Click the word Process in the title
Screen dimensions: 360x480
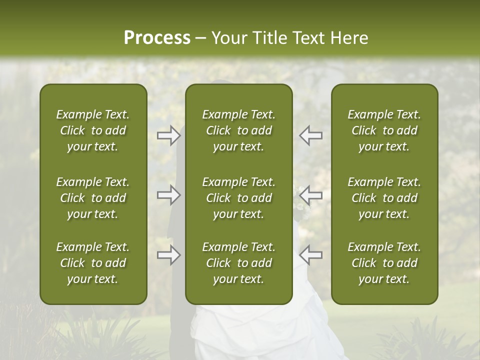coord(157,38)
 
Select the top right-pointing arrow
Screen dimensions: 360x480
coord(169,135)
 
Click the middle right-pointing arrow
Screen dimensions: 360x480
coord(169,195)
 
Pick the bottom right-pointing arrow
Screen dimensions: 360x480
coord(169,255)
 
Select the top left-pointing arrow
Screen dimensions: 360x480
coord(310,135)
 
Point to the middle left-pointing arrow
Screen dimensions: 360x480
coord(310,195)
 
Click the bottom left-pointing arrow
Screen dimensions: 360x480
coord(310,255)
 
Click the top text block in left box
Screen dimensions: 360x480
coord(93,130)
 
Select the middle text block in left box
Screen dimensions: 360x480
coord(93,198)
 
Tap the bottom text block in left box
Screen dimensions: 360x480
coord(93,263)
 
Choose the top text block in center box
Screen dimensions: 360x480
coord(239,130)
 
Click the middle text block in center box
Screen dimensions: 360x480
coord(239,198)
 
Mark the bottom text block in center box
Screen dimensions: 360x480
coord(239,263)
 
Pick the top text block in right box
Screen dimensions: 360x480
coord(384,130)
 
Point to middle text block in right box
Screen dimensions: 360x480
coord(384,198)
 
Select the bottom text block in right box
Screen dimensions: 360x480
coord(384,263)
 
